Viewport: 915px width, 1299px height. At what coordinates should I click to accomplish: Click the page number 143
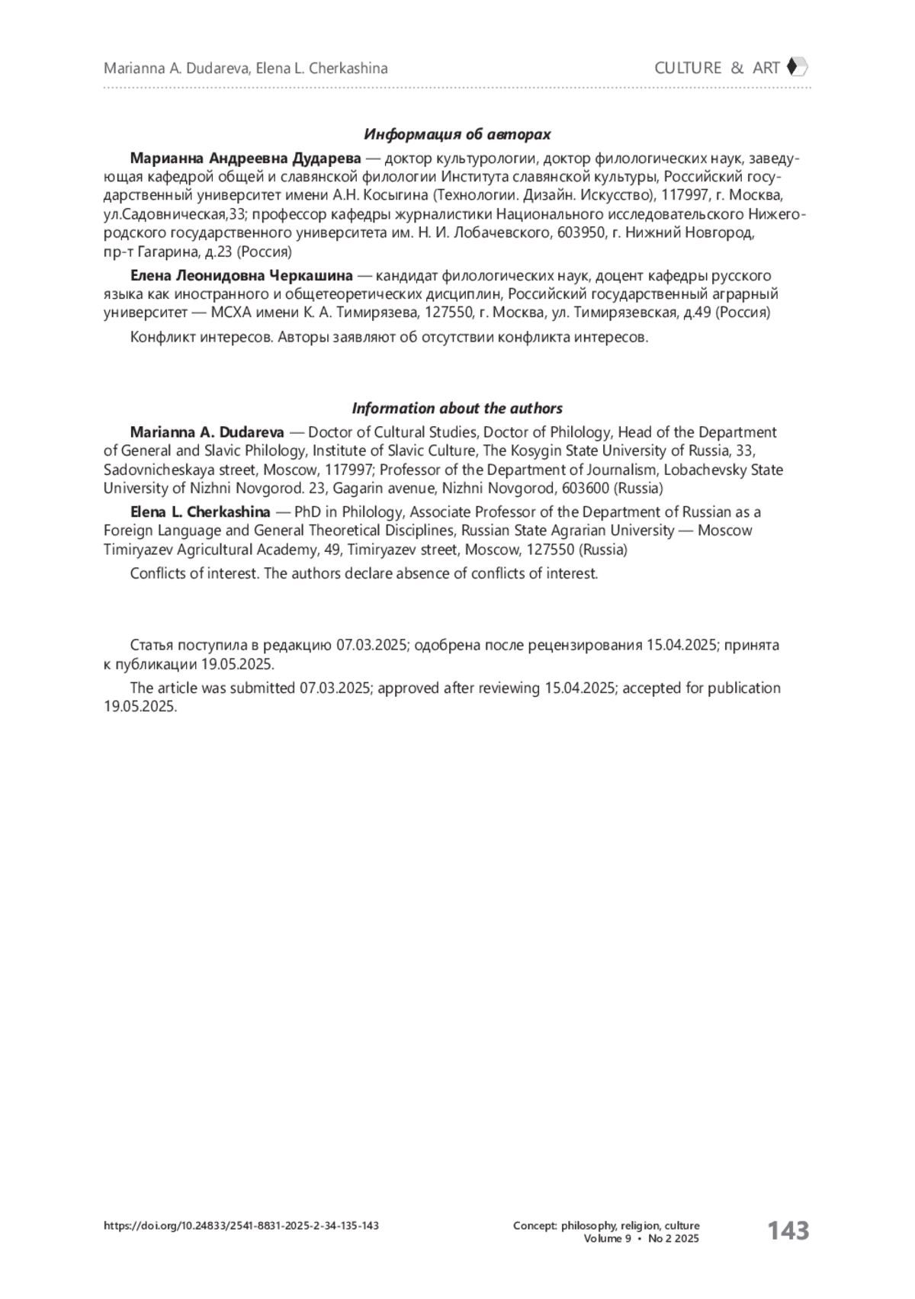coord(788,1230)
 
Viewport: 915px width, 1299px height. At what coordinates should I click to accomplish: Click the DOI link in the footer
coord(241,1226)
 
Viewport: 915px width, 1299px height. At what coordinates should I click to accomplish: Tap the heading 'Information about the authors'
coord(457,408)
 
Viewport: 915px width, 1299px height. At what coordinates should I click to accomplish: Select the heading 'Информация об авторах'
coord(457,134)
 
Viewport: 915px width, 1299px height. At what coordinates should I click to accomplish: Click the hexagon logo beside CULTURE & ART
coord(797,67)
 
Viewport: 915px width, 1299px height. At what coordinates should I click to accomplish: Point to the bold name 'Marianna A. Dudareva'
coord(207,432)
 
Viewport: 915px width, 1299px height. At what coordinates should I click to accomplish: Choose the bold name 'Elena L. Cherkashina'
coord(200,512)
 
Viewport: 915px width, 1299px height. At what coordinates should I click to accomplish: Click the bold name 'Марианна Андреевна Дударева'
coord(246,159)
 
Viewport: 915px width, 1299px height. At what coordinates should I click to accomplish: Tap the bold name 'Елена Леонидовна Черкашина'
coord(242,275)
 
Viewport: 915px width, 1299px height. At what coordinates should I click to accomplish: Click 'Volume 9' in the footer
coord(607,1239)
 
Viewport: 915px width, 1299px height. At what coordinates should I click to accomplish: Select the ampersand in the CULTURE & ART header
coord(737,68)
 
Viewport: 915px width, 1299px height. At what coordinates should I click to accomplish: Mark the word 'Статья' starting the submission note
coord(152,645)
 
